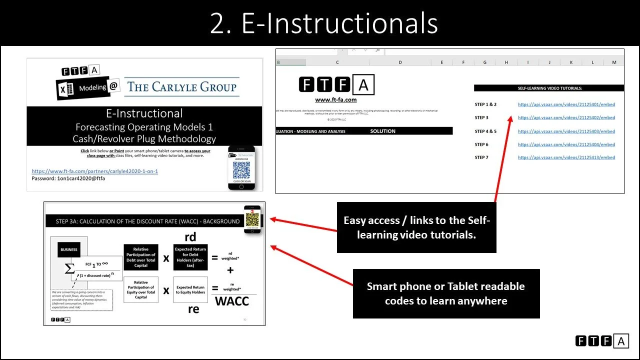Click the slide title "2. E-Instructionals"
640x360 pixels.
point(323,23)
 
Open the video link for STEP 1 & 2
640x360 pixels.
point(566,104)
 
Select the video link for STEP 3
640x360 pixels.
point(566,118)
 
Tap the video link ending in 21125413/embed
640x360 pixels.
point(566,157)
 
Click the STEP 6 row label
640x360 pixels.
point(481,144)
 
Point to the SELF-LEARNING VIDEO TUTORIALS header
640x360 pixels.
point(549,88)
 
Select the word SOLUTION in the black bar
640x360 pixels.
point(382,131)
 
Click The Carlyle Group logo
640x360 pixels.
point(181,87)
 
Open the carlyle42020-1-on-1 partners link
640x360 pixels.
point(94,171)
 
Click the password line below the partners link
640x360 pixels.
point(68,178)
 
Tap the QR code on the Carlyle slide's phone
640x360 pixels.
point(241,170)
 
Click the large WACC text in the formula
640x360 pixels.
point(231,301)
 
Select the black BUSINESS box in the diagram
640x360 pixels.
point(69,249)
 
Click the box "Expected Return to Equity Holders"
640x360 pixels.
point(190,290)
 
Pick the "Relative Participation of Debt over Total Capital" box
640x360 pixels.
point(140,257)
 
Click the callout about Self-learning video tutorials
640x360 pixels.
point(416,227)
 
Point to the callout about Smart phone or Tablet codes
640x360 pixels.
point(446,293)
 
